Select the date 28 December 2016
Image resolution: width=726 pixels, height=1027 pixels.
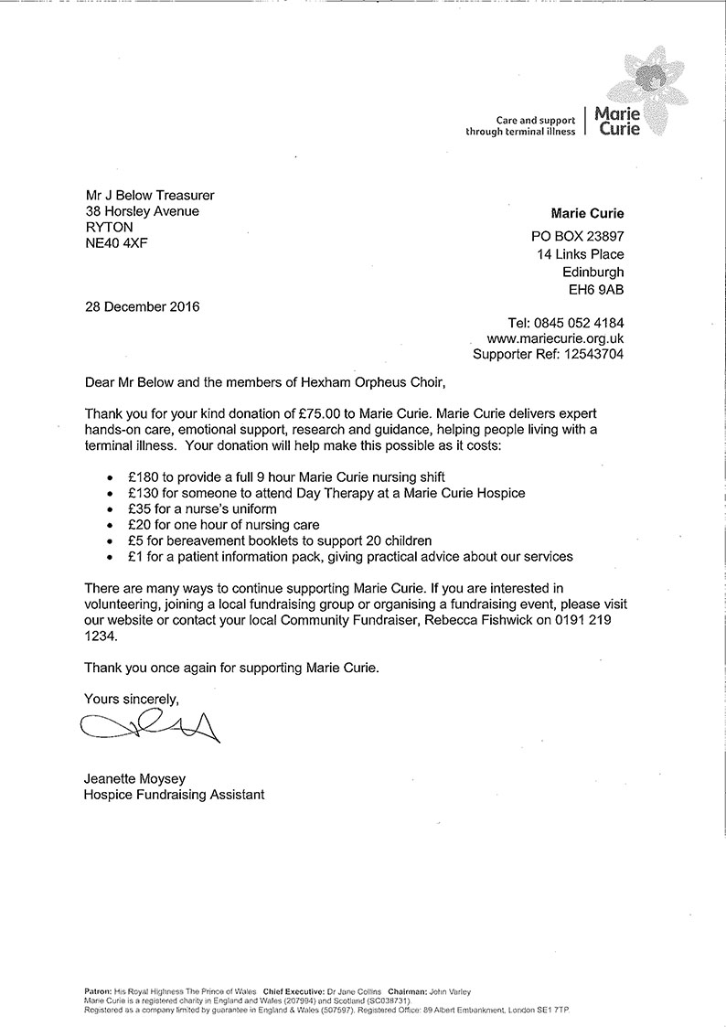pyautogui.click(x=141, y=306)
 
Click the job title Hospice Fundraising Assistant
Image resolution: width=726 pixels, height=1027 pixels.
pyautogui.click(x=174, y=795)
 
